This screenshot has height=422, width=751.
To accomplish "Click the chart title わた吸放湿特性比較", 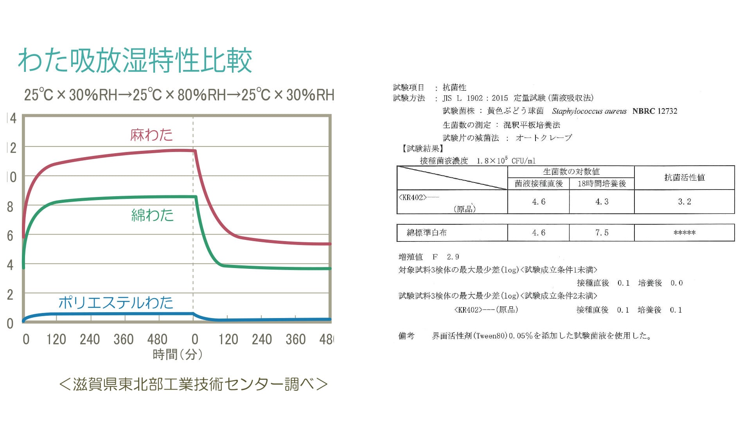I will pos(135,61).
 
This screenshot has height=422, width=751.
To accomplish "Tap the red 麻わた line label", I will pos(151,135).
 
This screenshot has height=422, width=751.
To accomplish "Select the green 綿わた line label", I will pos(153,215).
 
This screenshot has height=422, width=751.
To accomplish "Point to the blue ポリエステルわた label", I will pos(116,303).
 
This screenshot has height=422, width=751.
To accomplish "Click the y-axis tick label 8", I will pos(10,207).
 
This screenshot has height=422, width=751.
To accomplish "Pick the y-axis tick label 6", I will pos(10,236).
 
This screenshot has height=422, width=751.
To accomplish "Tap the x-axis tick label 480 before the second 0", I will pos(157,339).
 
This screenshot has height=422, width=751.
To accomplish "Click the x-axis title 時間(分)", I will pos(178,354).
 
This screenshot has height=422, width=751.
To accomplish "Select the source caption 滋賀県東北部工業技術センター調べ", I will pos(193,384).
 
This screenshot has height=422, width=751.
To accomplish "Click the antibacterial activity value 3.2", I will pos(685,202).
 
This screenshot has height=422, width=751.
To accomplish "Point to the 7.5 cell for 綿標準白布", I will pos(602,233).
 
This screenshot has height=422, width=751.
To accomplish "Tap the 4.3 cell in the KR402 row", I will pos(602,202).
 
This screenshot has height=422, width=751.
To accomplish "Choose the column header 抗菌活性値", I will pos(685,177).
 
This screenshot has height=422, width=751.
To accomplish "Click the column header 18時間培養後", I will pos(602,184).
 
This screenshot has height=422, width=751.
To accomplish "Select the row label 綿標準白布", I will pos(426,233).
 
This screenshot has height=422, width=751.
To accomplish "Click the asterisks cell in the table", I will pos(685,233).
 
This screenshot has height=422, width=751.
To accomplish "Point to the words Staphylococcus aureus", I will pos(589,111).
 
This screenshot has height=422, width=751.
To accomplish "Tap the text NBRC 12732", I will pos(655,111).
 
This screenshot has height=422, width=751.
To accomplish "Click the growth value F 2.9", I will pos(446,257).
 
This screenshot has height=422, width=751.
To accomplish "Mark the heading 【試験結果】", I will pos(422,148).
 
